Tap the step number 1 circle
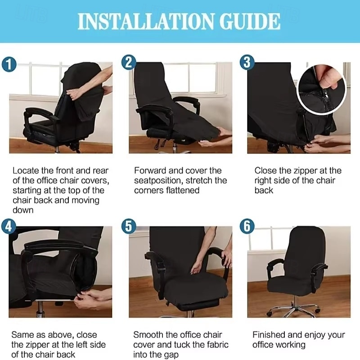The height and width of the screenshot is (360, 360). pyautogui.click(x=10, y=64)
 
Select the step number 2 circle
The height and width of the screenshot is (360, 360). pyautogui.click(x=129, y=63)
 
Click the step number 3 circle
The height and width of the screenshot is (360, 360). pyautogui.click(x=247, y=63)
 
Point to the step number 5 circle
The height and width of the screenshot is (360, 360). pyautogui.click(x=129, y=226)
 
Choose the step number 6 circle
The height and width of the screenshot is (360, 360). pyautogui.click(x=247, y=226)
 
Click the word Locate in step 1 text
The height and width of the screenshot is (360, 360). pyautogui.click(x=25, y=171)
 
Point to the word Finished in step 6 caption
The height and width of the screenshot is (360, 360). pyautogui.click(x=270, y=335)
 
